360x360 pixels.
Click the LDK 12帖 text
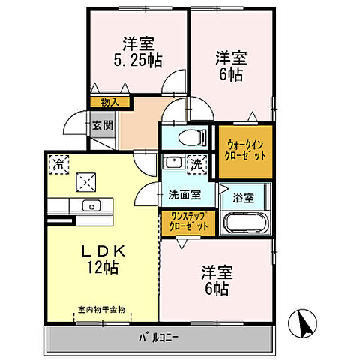[x=100, y=256]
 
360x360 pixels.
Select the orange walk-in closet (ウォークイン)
[x=244, y=150]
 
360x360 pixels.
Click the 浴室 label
[x=243, y=199]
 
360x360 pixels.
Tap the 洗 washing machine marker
[x=196, y=163]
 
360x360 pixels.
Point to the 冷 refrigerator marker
[x=58, y=162]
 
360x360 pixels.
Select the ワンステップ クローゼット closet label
[x=187, y=222]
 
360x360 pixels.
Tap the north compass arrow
[x=304, y=324]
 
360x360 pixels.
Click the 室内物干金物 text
[x=102, y=309]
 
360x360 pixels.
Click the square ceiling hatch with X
[x=87, y=180]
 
